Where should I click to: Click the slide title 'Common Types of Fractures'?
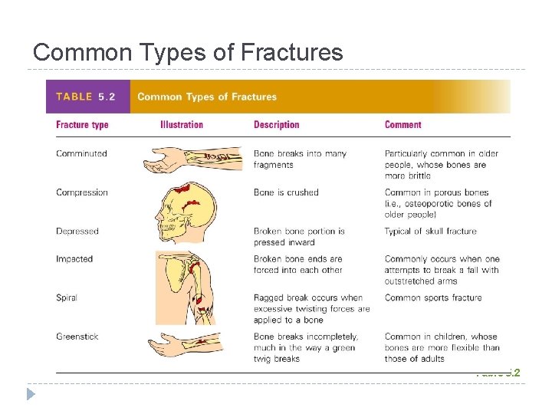click(188, 52)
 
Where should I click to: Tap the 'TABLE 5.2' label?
click(85, 97)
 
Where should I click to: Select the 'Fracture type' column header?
click(82, 125)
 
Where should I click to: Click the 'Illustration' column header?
click(182, 125)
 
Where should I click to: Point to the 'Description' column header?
click(276, 125)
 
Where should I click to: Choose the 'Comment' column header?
click(402, 125)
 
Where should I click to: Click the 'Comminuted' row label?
click(81, 153)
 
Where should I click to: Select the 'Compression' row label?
click(82, 192)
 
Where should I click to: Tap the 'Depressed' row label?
click(77, 231)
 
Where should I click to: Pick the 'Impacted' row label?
click(74, 259)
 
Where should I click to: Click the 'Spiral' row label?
click(67, 297)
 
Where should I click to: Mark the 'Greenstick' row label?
click(77, 337)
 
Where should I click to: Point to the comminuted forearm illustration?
click(192, 159)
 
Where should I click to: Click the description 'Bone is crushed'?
click(286, 192)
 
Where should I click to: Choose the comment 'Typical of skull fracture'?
click(430, 231)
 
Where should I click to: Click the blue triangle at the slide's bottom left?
click(31, 395)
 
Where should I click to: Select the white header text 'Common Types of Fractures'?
click(207, 97)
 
